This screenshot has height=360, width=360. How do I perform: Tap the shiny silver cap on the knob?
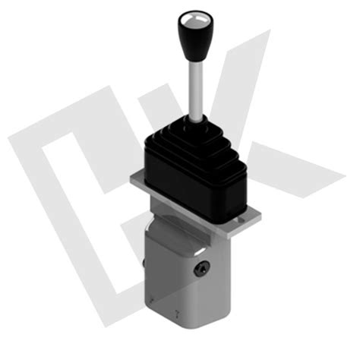coord(189,16)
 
